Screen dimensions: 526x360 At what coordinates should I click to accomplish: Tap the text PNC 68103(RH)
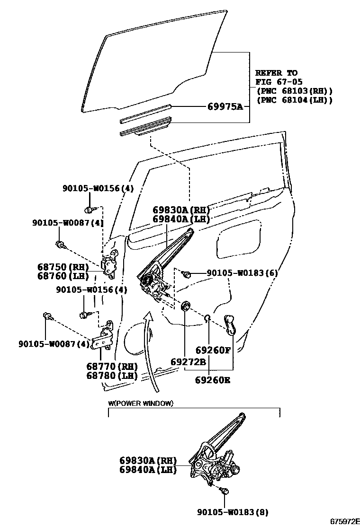tap(294, 91)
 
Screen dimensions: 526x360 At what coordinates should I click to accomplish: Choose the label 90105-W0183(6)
tap(242, 273)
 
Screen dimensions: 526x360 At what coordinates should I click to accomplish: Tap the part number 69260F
tap(213, 351)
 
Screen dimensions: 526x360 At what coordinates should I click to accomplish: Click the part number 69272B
tap(188, 362)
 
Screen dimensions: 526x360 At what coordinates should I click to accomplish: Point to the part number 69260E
tap(213, 379)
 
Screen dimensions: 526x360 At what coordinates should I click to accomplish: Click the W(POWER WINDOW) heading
tap(141, 403)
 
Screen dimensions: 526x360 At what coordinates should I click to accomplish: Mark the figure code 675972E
tap(342, 520)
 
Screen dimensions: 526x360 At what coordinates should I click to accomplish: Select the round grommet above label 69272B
tap(186, 305)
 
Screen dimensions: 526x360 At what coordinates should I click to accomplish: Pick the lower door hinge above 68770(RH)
tap(104, 338)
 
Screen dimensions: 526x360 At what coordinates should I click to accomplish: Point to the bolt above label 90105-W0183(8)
tap(224, 491)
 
